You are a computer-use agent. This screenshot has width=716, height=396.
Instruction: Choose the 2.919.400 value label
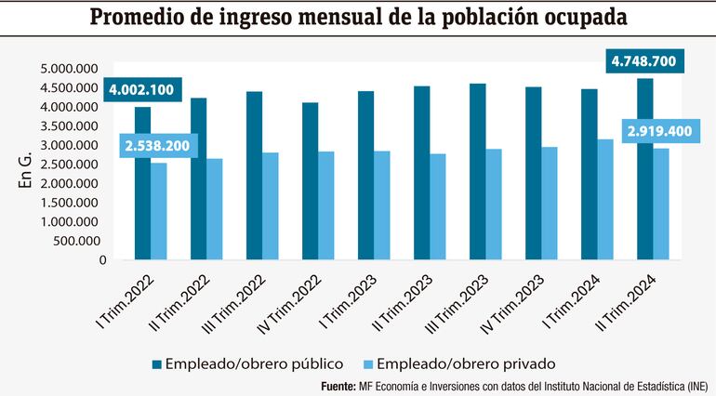pyautogui.click(x=659, y=131)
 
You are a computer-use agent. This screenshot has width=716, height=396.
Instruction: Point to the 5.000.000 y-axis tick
pyautogui.click(x=70, y=69)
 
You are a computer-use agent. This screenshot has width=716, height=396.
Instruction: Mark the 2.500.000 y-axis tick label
pyautogui.click(x=70, y=165)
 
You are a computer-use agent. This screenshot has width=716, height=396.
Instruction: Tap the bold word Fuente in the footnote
pyautogui.click(x=338, y=386)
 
